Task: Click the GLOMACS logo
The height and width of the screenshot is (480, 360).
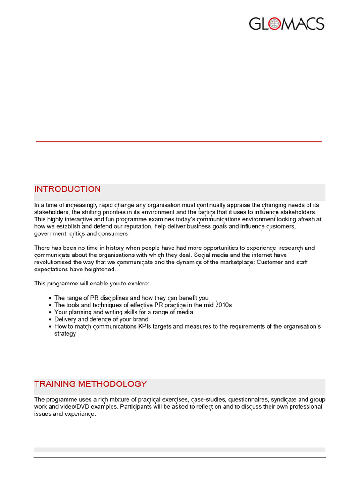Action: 286,24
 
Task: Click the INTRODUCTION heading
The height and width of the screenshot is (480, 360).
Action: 67,189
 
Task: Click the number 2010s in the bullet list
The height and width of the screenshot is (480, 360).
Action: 223,305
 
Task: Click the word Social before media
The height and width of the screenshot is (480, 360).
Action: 203,255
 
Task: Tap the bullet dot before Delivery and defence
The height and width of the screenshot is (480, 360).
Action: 50,319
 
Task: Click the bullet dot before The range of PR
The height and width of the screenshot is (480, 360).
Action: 50,298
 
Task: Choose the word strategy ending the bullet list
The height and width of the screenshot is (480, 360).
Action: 65,334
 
